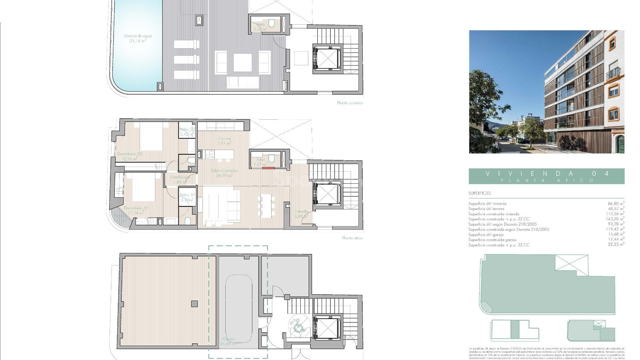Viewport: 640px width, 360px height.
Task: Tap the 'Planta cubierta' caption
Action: coord(350,103)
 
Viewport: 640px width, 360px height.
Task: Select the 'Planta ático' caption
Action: coord(352,238)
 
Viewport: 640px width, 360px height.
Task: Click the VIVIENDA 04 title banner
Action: coord(546,176)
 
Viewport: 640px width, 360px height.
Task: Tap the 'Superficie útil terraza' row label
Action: coord(486,209)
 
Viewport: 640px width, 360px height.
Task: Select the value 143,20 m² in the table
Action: coord(615,219)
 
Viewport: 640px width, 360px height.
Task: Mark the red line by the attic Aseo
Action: coord(268,168)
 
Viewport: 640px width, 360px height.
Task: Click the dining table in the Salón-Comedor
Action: coord(266,206)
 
